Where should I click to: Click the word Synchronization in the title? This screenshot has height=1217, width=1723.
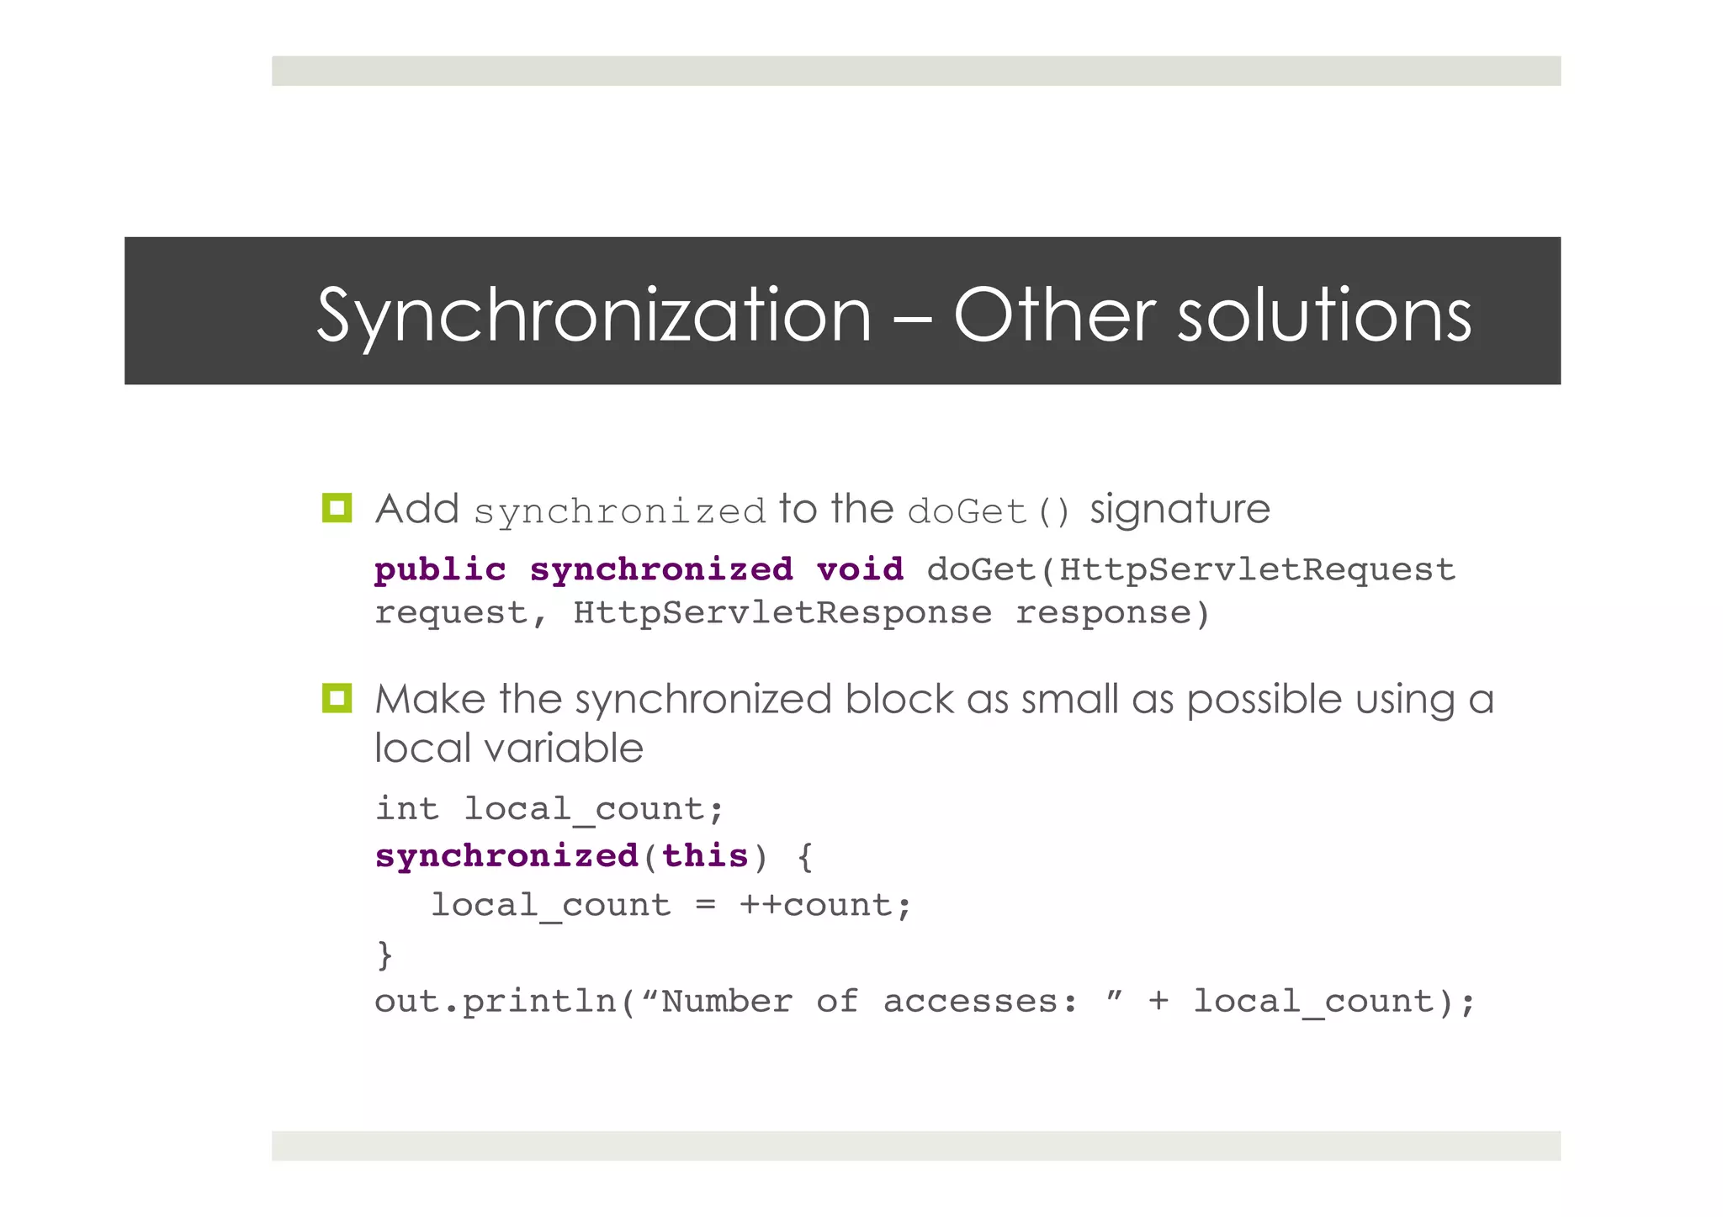(x=594, y=316)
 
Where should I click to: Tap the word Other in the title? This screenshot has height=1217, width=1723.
(x=1055, y=315)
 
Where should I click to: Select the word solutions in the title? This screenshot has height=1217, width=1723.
(x=1324, y=315)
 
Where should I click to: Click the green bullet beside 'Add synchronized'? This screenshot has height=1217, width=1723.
(x=337, y=508)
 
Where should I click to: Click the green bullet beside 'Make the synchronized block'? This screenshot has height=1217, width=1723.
(x=337, y=698)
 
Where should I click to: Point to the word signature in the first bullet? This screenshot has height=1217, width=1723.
(x=1180, y=510)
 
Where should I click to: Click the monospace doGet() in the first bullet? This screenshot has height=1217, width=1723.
(x=989, y=511)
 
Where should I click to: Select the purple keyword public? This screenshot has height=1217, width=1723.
(x=440, y=570)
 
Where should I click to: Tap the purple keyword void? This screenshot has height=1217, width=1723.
(x=860, y=570)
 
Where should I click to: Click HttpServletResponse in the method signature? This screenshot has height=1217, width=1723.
(x=782, y=613)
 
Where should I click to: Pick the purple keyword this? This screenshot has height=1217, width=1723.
(x=705, y=856)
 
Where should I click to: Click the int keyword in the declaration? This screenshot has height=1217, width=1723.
(x=407, y=809)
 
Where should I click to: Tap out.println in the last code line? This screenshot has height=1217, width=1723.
(x=496, y=1002)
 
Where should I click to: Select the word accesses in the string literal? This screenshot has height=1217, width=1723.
(x=979, y=1002)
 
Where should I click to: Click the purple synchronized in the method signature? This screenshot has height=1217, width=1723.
(x=661, y=570)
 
